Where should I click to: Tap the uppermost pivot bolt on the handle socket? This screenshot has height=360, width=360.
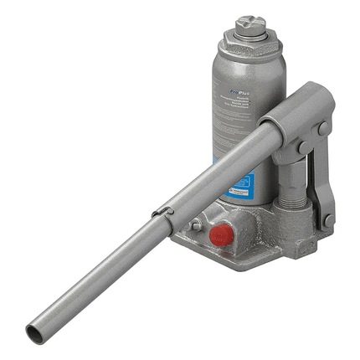pos(321,129)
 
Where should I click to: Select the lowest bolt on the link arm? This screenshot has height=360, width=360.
pos(329,220)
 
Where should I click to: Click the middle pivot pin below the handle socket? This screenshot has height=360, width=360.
pos(300,149)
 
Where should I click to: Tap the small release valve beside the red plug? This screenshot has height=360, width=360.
pos(195,224)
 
